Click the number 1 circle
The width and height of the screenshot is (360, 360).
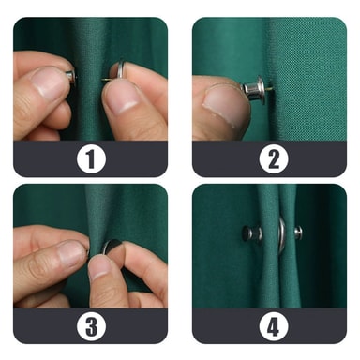(x=91, y=159)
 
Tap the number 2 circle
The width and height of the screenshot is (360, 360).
(x=274, y=159)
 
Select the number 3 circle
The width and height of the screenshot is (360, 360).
(x=91, y=326)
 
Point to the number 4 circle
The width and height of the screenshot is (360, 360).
(x=274, y=326)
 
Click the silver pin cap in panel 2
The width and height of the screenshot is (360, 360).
(x=254, y=87)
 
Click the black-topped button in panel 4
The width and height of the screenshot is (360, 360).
(x=251, y=233)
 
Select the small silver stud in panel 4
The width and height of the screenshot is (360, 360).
(x=298, y=232)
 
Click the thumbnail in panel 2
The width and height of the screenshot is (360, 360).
(x=222, y=103)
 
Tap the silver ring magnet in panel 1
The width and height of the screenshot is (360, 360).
(x=119, y=70)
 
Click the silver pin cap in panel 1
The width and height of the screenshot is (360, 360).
(x=71, y=78)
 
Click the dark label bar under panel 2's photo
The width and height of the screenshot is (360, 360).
(x=269, y=159)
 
